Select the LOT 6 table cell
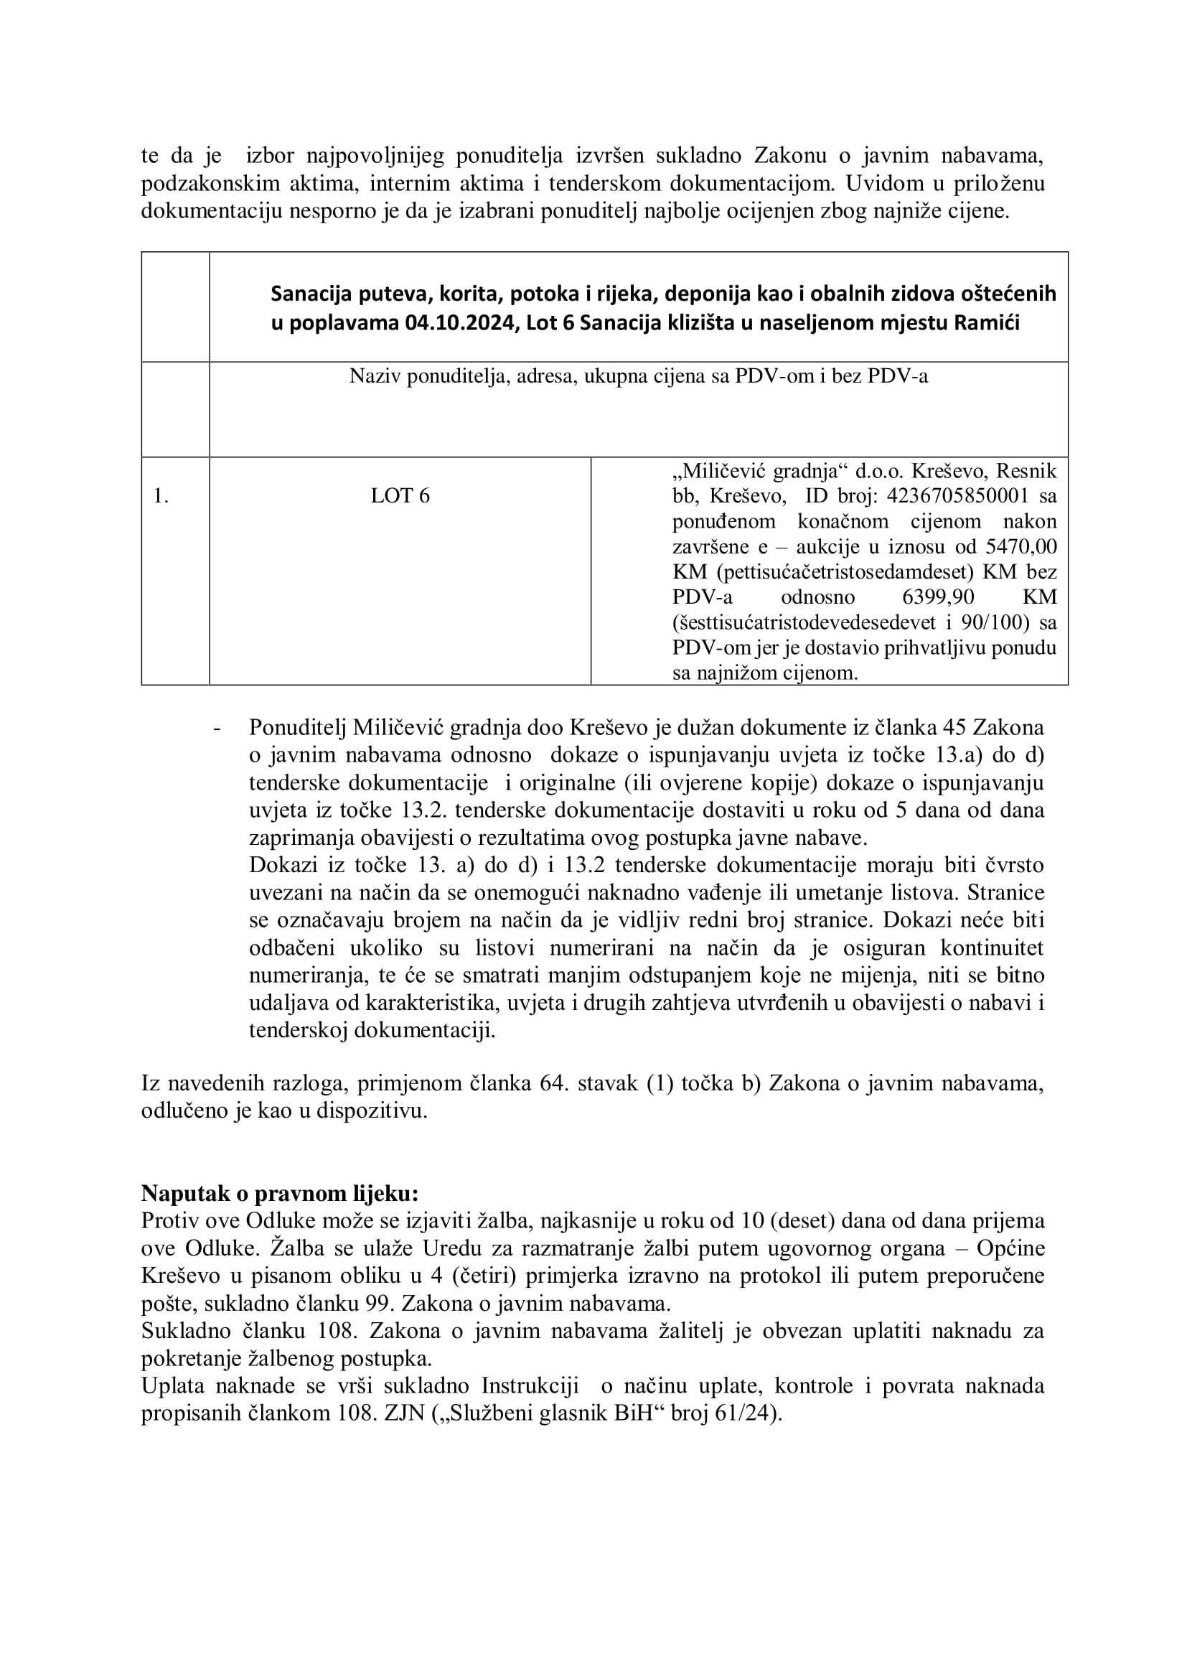point(400,496)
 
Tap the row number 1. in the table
point(161,496)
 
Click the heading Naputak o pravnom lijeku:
point(280,1194)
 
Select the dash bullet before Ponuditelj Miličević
point(217,729)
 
